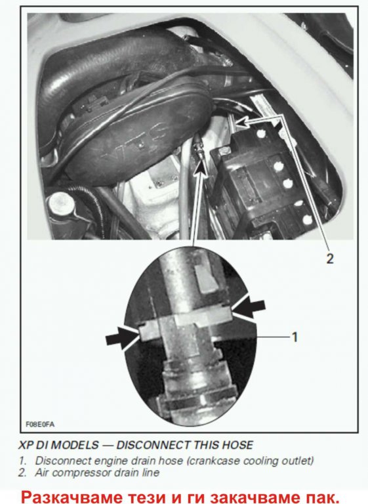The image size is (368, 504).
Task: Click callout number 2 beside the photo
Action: [x=330, y=259]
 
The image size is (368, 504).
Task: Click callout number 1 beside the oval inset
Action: [x=295, y=337]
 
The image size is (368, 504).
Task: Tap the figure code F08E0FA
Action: [x=40, y=425]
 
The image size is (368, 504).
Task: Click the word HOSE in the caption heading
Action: [x=238, y=445]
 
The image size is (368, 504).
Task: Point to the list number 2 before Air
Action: [x=22, y=472]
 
